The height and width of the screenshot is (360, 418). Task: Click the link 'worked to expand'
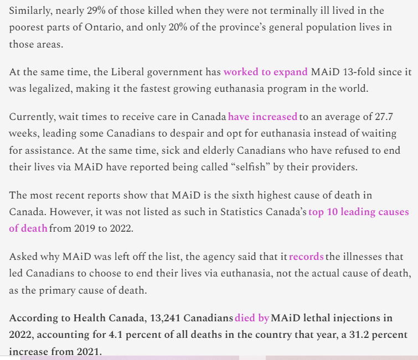point(265,72)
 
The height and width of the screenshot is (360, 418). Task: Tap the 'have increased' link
point(262,117)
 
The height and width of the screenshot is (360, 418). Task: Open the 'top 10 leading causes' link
point(359,212)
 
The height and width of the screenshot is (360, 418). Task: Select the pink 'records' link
point(306,257)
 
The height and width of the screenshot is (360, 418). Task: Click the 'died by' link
point(252,318)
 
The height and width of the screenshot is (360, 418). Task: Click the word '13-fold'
point(357,72)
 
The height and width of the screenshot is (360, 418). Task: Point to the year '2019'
point(84,228)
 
